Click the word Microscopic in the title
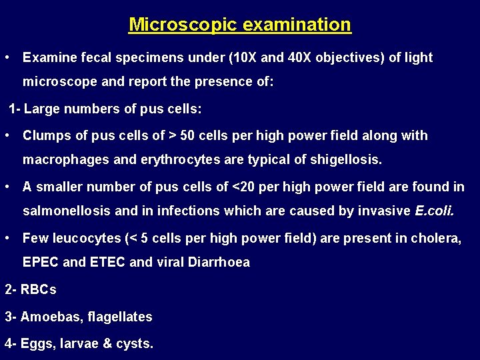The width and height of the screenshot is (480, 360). coord(174,25)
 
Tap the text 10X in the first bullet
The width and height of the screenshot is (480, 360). coord(243,58)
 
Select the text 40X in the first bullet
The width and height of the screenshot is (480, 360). coord(298,58)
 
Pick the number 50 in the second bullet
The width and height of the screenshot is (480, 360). coord(189,135)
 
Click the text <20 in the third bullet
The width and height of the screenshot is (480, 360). coord(243,187)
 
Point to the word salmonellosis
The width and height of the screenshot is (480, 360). coord(66,212)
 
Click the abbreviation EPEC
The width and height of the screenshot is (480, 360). coord(41,263)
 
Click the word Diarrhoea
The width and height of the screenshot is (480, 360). coord(218,263)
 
